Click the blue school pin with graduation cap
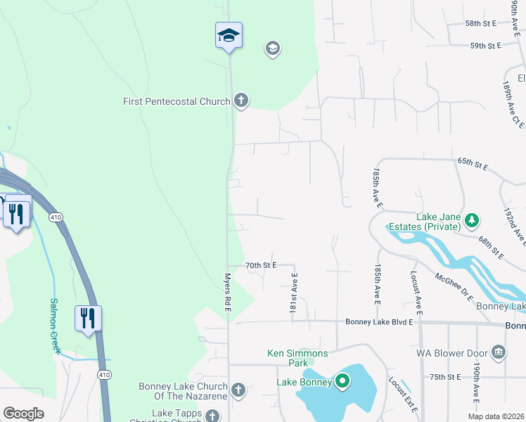(229, 35)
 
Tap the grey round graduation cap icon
(272, 49)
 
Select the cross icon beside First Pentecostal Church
(240, 101)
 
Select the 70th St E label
(261, 265)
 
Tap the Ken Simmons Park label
(288, 358)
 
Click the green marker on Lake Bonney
(342, 382)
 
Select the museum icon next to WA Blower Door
(498, 351)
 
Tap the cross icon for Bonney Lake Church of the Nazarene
(238, 390)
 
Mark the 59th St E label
(485, 46)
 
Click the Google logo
(24, 414)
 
